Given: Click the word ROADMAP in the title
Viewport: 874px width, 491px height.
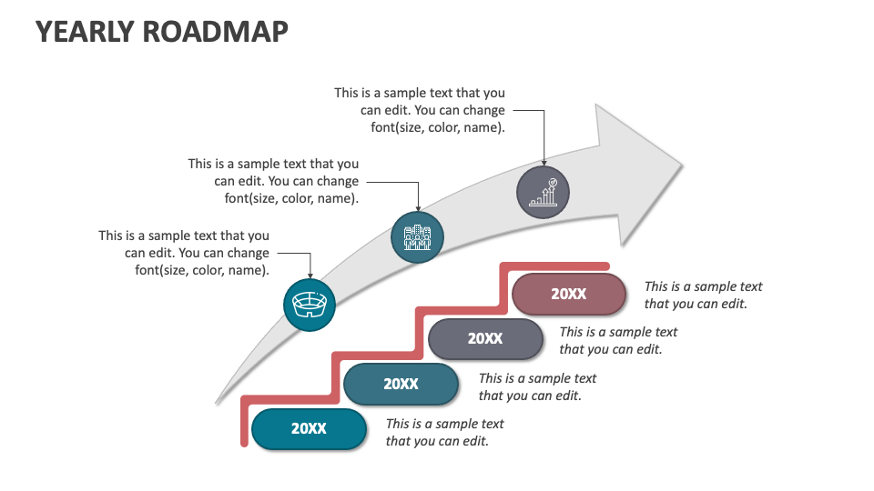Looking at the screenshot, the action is tap(216, 32).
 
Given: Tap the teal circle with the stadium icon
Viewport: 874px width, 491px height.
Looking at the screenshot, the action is tap(310, 305).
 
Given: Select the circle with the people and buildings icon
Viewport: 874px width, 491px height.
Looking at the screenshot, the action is tap(417, 237).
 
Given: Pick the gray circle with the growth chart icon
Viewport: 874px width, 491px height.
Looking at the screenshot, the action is tap(543, 192).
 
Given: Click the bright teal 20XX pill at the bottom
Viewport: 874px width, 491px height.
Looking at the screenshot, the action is tap(309, 428).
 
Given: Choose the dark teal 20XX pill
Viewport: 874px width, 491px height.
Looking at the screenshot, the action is tap(401, 384).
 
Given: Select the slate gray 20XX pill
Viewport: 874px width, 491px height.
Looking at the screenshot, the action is tap(485, 338).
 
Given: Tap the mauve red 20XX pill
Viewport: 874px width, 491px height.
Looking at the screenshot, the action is tap(568, 294).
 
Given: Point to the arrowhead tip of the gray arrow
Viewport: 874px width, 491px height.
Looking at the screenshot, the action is tap(682, 165).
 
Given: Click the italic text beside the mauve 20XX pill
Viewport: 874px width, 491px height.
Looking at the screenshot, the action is tap(703, 295).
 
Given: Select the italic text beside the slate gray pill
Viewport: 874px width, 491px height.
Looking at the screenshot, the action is tap(618, 341).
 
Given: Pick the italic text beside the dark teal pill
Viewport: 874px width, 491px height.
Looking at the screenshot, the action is tap(537, 387).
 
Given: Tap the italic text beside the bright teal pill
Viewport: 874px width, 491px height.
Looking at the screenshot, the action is tap(444, 433).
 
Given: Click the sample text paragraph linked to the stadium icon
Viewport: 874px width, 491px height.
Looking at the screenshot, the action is tap(184, 253).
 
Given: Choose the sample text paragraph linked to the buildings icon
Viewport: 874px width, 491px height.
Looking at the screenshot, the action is tap(273, 181).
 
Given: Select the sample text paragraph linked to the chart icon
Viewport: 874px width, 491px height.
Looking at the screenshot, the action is tap(420, 110).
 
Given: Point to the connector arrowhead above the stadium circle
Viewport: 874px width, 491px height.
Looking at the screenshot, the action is tap(310, 276).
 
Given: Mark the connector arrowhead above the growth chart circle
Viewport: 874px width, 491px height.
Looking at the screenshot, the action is tap(544, 163).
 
